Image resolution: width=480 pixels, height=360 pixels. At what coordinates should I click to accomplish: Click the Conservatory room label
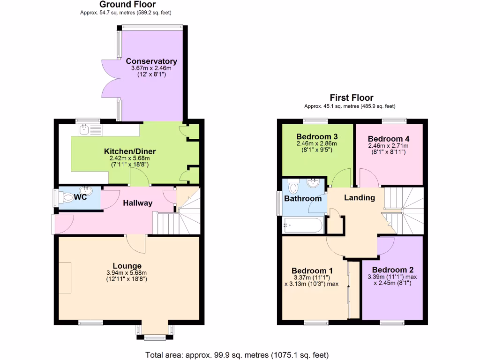[151, 61]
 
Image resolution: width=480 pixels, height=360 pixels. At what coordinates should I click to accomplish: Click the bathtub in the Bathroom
[303, 225]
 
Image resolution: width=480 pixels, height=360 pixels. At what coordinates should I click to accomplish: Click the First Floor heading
[352, 97]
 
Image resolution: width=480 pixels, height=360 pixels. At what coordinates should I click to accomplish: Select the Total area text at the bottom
[237, 354]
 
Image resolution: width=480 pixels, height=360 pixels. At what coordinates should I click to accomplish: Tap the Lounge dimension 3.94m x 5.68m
[126, 273]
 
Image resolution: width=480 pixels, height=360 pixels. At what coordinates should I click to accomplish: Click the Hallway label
[138, 203]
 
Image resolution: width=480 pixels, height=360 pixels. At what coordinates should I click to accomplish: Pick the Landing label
[360, 197]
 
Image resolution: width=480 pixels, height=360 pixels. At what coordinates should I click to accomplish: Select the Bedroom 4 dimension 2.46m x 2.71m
[388, 146]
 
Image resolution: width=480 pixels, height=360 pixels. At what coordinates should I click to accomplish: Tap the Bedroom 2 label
[393, 270]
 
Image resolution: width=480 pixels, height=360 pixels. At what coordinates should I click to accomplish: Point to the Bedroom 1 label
[312, 270]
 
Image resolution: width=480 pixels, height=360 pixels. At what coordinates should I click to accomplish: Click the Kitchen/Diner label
[130, 151]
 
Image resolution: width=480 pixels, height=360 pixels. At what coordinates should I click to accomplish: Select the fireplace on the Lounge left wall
[65, 277]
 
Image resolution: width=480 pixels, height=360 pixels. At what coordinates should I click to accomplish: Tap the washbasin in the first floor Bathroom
[312, 183]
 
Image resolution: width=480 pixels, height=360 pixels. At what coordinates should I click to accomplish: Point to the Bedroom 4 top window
[394, 121]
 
